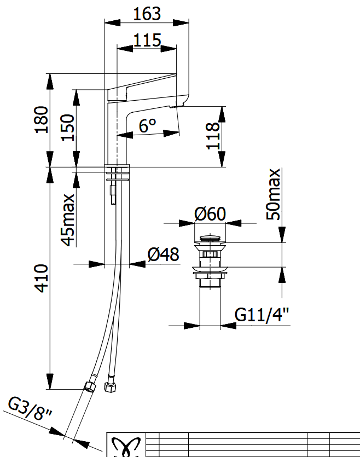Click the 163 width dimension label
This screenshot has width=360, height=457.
click(147, 14)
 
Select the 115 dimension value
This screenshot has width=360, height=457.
click(147, 40)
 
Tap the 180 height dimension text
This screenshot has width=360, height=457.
click(42, 120)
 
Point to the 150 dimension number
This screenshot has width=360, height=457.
click(67, 128)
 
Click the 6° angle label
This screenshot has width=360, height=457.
click(147, 125)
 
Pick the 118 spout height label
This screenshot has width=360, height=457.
click(213, 136)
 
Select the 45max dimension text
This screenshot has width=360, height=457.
click(68, 220)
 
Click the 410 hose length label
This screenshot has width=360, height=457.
click(42, 279)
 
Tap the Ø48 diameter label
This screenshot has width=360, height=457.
click(163, 254)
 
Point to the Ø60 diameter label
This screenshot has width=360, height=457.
click(210, 214)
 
